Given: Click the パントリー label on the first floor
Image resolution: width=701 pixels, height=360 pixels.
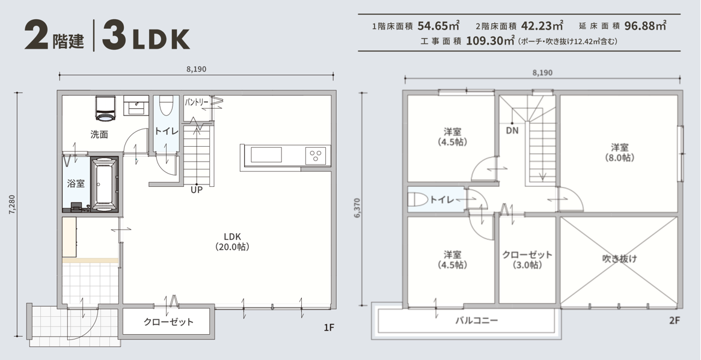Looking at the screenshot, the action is pos(196,103).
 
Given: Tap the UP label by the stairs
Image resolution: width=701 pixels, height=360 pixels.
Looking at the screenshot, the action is pos(197,191).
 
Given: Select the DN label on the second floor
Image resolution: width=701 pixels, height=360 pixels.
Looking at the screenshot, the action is pos(512,131).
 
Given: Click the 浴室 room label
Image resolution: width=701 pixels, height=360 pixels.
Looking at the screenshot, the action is pos(76,183).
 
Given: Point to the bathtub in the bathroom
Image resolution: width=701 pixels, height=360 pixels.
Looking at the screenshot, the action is pos(104,183).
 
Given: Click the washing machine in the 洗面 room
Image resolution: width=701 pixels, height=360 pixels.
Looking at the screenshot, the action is pos(106,108).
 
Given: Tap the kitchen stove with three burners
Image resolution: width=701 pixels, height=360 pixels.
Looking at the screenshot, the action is pos(316,156).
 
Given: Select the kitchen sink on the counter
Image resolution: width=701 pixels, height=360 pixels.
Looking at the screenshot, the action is pos(266,155).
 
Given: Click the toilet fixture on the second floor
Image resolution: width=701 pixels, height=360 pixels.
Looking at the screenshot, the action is pos(418,200).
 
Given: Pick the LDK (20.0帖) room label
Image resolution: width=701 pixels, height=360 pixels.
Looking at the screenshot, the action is pos(232,241).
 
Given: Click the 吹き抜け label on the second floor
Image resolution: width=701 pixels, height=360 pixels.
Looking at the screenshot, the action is pos(619,258).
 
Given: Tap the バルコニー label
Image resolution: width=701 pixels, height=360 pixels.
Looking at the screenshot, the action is pos(477,320).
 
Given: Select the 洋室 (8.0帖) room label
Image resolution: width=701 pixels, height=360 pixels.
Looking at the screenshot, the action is pos(620,152).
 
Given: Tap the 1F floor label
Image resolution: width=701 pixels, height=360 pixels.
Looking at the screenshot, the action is pos(329,328).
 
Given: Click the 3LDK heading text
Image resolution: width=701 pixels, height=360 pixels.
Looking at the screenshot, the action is pos(146,35).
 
